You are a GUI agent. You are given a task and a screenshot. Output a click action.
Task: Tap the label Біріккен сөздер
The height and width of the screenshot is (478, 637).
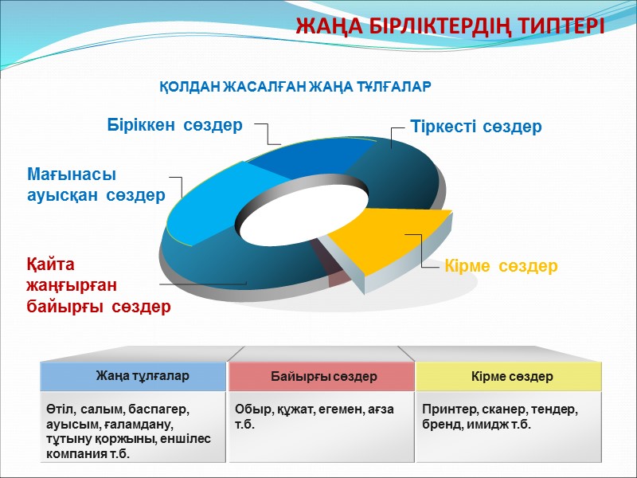pos(174,125)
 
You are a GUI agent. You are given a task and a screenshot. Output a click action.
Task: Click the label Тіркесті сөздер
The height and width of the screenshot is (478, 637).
pos(475,127)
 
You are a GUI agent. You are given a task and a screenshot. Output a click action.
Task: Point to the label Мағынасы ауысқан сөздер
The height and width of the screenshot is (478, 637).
pos(96,184)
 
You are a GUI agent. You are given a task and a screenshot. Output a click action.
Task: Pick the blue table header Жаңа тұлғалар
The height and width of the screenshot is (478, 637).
pos(134,376)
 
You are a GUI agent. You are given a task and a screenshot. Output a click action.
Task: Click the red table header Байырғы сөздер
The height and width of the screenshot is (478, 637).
pos(323,376)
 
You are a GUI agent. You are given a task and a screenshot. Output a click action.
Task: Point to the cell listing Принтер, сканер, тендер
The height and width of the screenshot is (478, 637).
pos(510,417)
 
